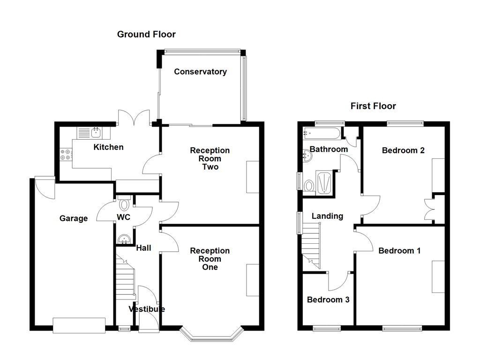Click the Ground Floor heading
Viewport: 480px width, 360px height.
coord(146,34)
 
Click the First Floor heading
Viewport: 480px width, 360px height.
coord(373,106)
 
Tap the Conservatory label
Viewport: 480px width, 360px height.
coord(200,72)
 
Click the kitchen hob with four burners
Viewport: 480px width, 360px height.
coord(66,154)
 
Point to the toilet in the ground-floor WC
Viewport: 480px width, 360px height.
coord(125,205)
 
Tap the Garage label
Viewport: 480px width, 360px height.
coord(74,218)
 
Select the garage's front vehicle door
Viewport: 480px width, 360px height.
coord(79,325)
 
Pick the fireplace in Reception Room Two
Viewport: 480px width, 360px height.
coord(252,177)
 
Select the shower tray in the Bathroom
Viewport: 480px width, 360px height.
coord(324,182)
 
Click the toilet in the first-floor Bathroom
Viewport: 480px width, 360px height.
coord(309,186)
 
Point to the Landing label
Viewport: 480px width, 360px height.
coord(328,216)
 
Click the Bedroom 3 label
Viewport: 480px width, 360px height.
coord(328,300)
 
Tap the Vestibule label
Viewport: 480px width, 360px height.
coord(147,309)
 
